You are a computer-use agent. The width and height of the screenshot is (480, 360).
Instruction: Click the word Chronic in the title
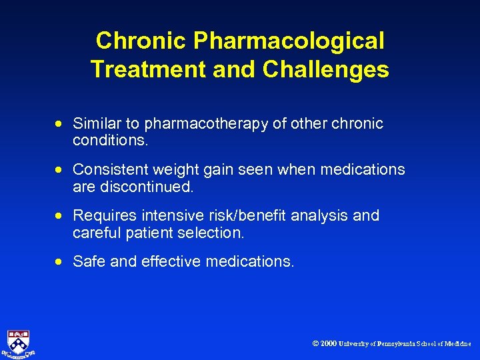tap(141, 41)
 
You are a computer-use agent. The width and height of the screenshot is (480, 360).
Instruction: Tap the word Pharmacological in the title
tap(288, 41)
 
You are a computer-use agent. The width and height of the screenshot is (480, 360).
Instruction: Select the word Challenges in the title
tap(326, 69)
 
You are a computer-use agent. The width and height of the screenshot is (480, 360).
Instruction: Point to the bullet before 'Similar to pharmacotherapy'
tap(60, 124)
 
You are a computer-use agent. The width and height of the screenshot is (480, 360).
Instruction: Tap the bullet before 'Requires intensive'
tap(60, 216)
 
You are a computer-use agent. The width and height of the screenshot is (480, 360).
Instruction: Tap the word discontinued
tap(147, 187)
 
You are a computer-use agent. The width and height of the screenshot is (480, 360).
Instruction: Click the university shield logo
tap(19, 343)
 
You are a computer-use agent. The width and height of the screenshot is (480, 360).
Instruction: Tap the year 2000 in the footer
tap(328, 344)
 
